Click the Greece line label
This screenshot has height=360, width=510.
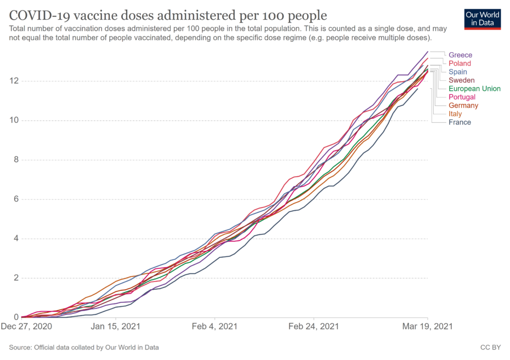pos(460,55)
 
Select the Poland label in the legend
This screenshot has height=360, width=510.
pos(460,64)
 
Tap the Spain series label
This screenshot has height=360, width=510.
pos(458,72)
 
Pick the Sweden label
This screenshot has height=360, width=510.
pos(462,80)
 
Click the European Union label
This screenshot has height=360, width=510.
pos(474,88)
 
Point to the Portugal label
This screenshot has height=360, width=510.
pos(462,97)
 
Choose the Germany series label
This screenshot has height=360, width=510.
pos(463,105)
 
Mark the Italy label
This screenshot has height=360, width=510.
pos(455,114)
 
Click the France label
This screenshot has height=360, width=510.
pos(460,122)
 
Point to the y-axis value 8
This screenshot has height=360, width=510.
pos(14,160)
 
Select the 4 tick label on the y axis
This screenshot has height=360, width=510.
pos(14,239)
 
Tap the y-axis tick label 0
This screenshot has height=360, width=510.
pos(14,317)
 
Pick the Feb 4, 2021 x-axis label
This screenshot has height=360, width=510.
pos(215,327)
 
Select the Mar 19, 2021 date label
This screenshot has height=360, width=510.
pos(428,327)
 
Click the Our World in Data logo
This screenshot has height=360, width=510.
pos(482,19)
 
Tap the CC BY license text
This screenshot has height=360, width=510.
pos(490,347)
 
